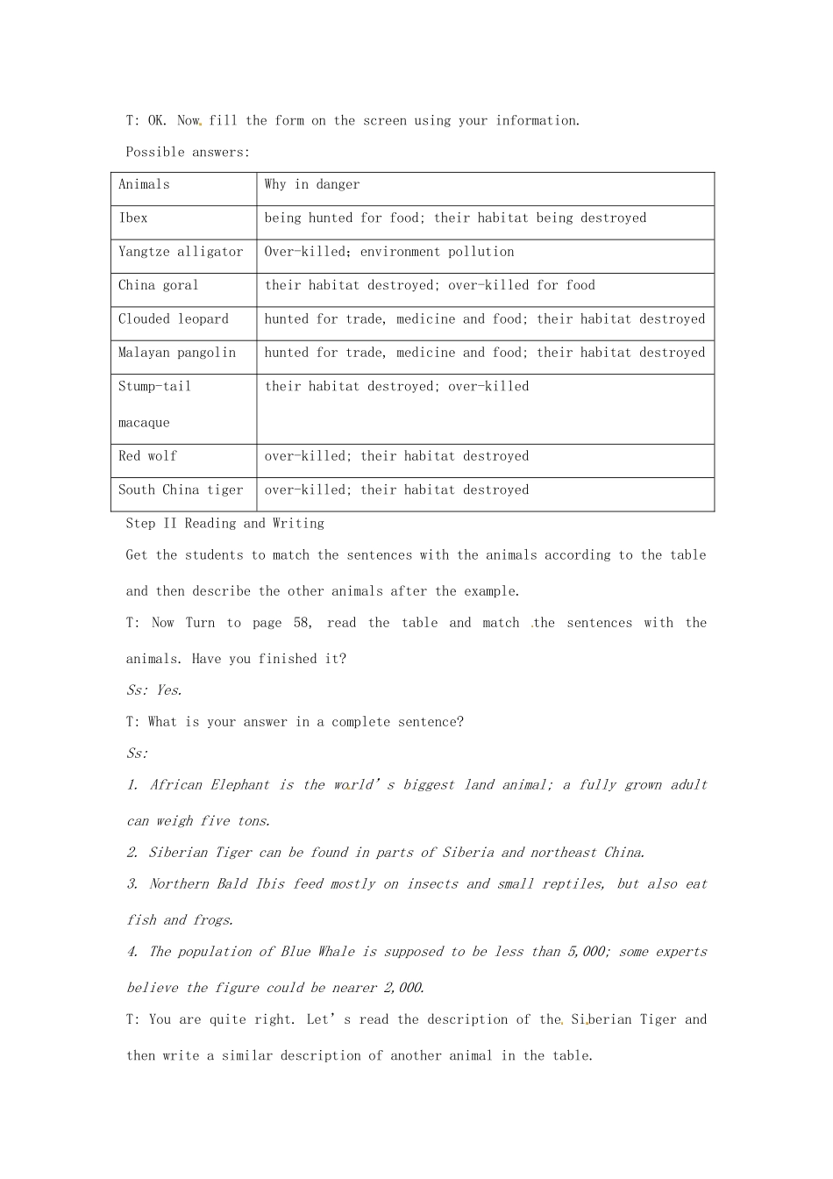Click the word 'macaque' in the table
144,423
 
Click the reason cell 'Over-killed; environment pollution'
389,252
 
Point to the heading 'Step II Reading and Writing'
225,524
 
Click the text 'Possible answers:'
188,153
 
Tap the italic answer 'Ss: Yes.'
154,690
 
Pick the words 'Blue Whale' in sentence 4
318,952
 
